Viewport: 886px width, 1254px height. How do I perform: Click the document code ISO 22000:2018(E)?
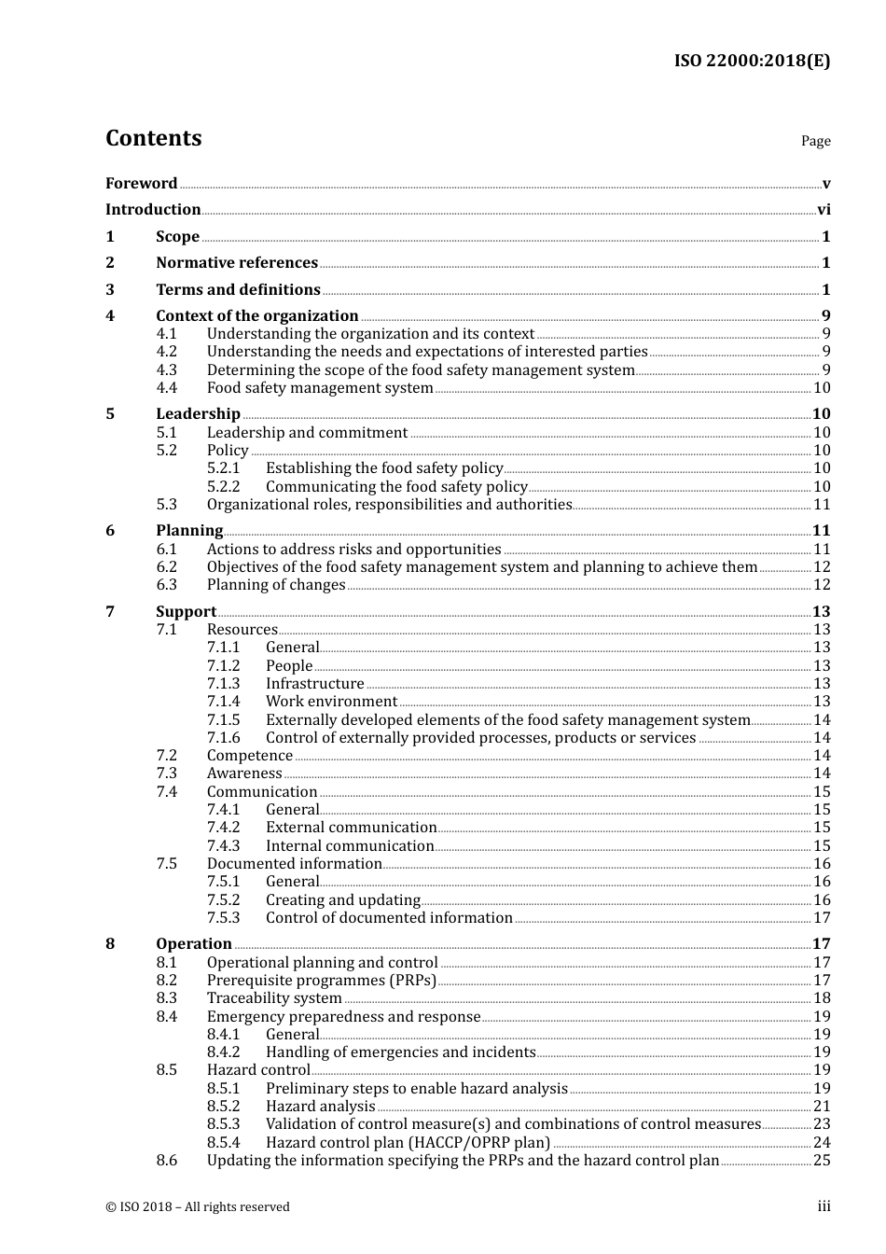pyautogui.click(x=752, y=62)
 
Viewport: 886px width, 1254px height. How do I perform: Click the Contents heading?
pyautogui.click(x=153, y=138)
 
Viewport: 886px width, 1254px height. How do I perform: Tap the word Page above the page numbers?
pyautogui.click(x=815, y=141)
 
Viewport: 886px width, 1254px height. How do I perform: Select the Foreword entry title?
pyautogui.click(x=141, y=183)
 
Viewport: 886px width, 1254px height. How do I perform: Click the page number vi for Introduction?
pyautogui.click(x=824, y=210)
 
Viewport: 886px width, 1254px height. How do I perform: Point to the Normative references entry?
pyautogui.click(x=237, y=263)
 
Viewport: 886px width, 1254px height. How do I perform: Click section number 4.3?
pyautogui.click(x=166, y=369)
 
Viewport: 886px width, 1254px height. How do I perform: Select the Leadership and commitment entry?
pyautogui.click(x=307, y=432)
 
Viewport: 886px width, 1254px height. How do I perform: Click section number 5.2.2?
pyautogui.click(x=223, y=486)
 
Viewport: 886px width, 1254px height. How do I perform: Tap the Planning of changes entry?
pyautogui.click(x=276, y=585)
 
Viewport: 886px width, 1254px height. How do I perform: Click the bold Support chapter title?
pyautogui.click(x=186, y=612)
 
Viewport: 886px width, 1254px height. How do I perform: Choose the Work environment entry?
pyautogui.click(x=331, y=702)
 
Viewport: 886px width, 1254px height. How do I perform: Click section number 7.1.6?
pyautogui.click(x=223, y=738)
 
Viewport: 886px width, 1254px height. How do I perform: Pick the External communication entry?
pyautogui.click(x=351, y=828)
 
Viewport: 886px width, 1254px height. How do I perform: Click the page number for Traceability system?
pyautogui.click(x=822, y=998)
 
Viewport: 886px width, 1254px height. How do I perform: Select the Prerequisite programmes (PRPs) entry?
pyautogui.click(x=321, y=981)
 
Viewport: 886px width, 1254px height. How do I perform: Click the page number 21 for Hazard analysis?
pyautogui.click(x=822, y=1107)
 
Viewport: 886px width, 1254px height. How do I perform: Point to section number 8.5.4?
pyautogui.click(x=223, y=1142)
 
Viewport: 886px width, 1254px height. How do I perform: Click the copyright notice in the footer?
pyautogui.click(x=198, y=1207)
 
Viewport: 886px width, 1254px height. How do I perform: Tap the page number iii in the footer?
pyautogui.click(x=824, y=1206)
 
